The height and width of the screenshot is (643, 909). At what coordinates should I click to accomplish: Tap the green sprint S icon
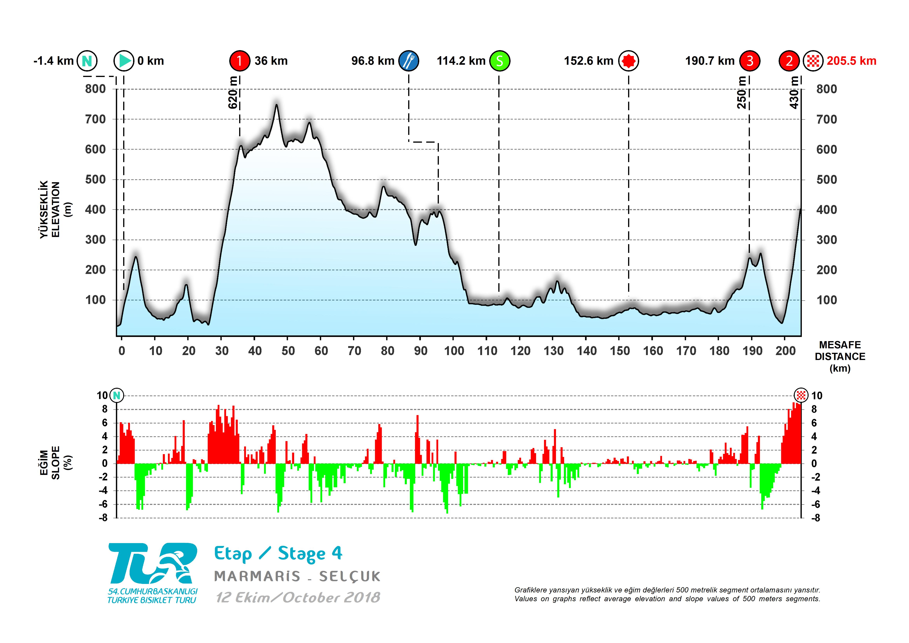pyautogui.click(x=500, y=61)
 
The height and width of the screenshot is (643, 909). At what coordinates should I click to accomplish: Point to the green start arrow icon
pyautogui.click(x=124, y=61)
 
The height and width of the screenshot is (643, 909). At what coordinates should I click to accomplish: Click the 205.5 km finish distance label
pyautogui.click(x=851, y=61)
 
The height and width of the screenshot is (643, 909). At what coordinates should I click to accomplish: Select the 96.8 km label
pyautogui.click(x=373, y=61)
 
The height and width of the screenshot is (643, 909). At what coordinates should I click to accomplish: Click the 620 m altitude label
pyautogui.click(x=233, y=93)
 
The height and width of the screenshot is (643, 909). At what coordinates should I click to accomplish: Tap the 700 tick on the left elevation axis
pyautogui.click(x=95, y=119)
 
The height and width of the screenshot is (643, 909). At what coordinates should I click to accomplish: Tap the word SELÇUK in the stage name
pyautogui.click(x=349, y=577)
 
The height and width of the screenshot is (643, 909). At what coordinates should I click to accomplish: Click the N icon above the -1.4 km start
pyautogui.click(x=87, y=61)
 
